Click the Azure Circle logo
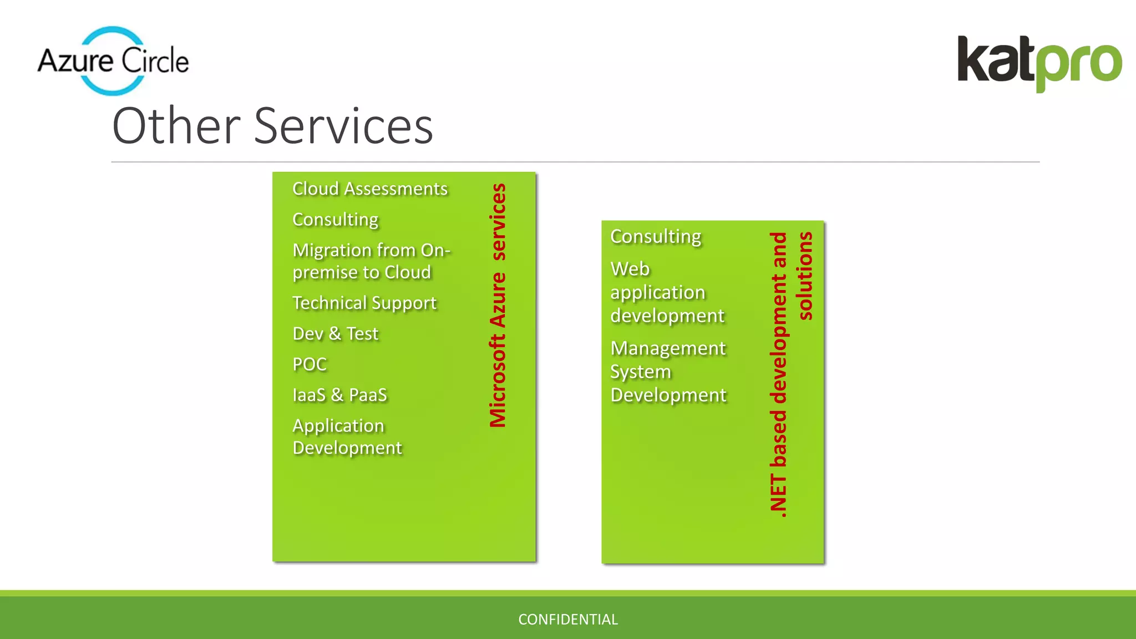point(113,60)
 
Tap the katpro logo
point(1039,63)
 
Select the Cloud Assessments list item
point(370,189)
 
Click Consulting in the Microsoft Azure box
point(336,220)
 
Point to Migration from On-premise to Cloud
point(371,261)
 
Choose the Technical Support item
point(364,303)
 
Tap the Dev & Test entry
point(336,334)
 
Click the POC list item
point(310,364)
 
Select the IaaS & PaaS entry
point(339,395)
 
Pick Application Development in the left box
point(347,437)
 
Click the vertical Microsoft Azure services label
point(498,305)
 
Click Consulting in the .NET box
point(656,237)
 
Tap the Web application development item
point(667,292)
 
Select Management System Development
point(668,372)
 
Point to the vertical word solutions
point(804,276)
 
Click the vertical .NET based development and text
point(778,374)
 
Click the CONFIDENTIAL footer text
point(568,620)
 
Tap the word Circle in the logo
point(155,60)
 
